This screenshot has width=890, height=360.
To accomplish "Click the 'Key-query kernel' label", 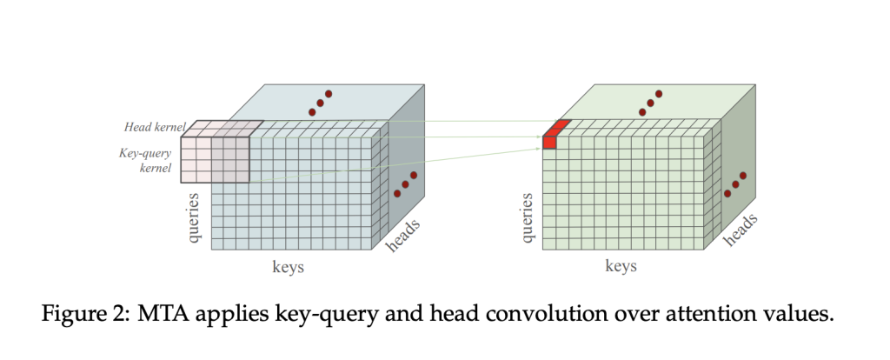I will click(x=145, y=160).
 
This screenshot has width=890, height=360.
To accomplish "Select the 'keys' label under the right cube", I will click(x=621, y=266).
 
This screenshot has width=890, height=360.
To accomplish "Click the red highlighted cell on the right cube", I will click(x=550, y=142).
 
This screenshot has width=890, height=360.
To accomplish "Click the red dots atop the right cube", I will click(x=650, y=103).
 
